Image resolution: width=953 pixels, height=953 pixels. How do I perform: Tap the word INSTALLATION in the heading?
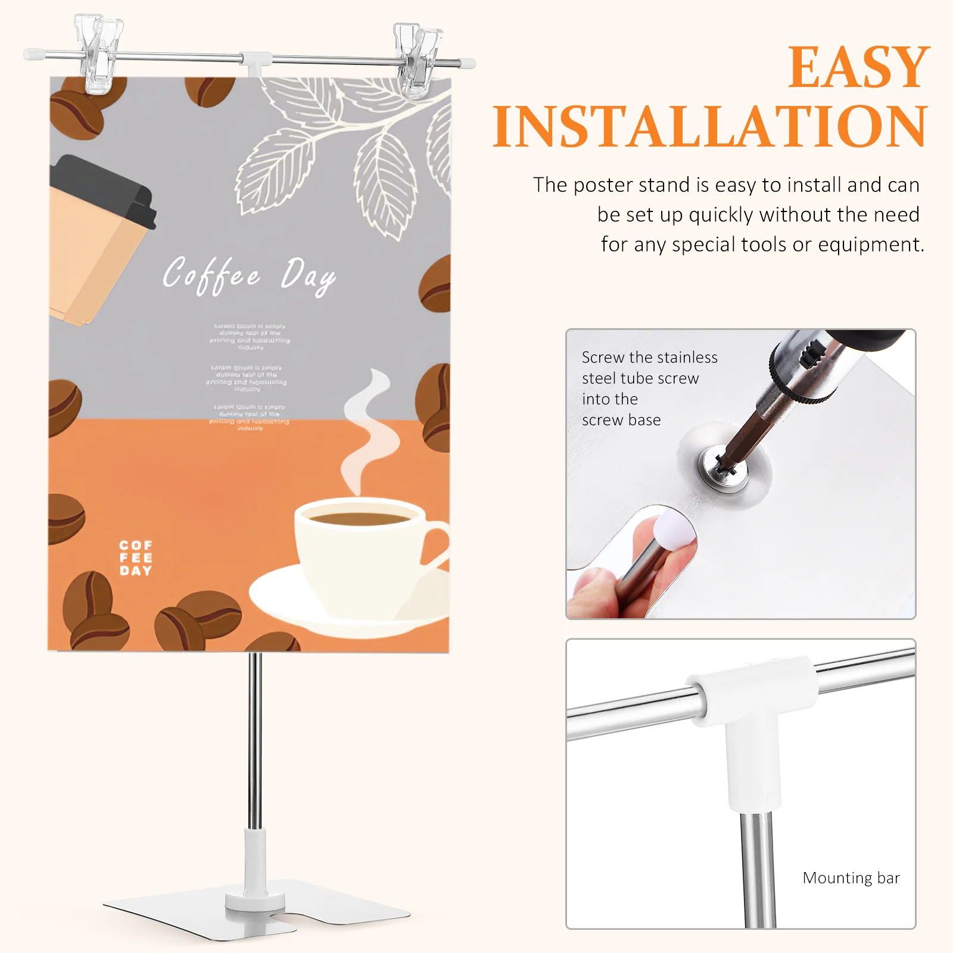710,127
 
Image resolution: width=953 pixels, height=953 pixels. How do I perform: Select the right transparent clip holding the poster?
418,61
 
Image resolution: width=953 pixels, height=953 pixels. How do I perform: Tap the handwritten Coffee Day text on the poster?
249,275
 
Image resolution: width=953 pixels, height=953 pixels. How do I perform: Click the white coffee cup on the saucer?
357,554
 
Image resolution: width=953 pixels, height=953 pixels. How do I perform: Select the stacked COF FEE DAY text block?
136,558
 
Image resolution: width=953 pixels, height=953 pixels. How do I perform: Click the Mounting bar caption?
851,878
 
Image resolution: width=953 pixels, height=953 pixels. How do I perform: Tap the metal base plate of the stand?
334,908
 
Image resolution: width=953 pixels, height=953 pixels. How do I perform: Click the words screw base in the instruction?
621,420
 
